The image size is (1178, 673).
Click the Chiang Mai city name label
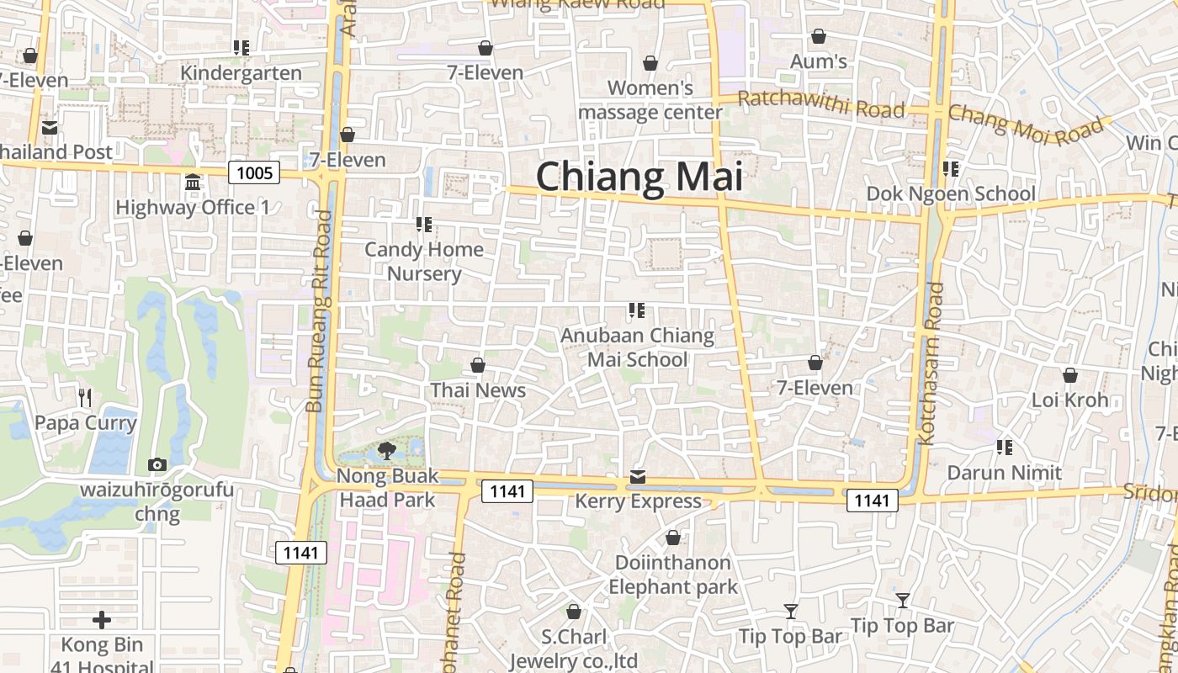[639, 178]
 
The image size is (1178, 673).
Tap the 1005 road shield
[255, 172]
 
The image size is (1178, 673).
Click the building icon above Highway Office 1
[193, 183]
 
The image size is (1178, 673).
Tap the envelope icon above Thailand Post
[50, 128]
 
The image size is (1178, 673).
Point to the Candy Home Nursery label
[424, 261]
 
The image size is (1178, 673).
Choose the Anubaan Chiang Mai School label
[637, 347]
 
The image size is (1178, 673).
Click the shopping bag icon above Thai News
[478, 365]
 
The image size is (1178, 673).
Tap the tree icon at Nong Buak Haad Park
[387, 451]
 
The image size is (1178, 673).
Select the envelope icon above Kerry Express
[638, 478]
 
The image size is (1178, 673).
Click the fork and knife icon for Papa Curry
[84, 397]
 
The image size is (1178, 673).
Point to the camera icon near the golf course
[157, 465]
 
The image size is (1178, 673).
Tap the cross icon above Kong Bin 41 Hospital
[102, 621]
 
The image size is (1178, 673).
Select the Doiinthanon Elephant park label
[673, 575]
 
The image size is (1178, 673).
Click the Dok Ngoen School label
[951, 193]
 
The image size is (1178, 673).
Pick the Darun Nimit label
[1005, 472]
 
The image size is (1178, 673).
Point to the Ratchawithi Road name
[820, 105]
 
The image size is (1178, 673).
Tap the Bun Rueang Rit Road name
[320, 311]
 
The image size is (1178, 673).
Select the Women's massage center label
[650, 99]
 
